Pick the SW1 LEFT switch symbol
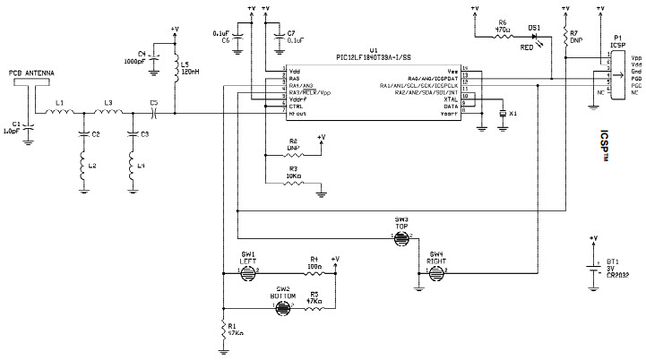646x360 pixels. (x=247, y=270)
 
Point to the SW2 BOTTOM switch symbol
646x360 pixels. (x=282, y=306)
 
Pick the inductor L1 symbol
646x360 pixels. (x=59, y=114)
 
